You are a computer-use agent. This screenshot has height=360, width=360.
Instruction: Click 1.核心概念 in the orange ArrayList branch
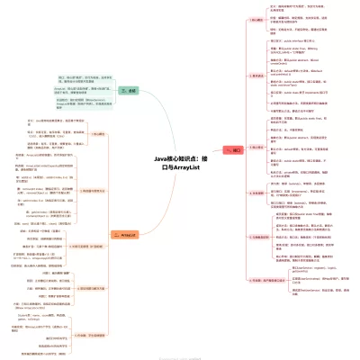[95, 134]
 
